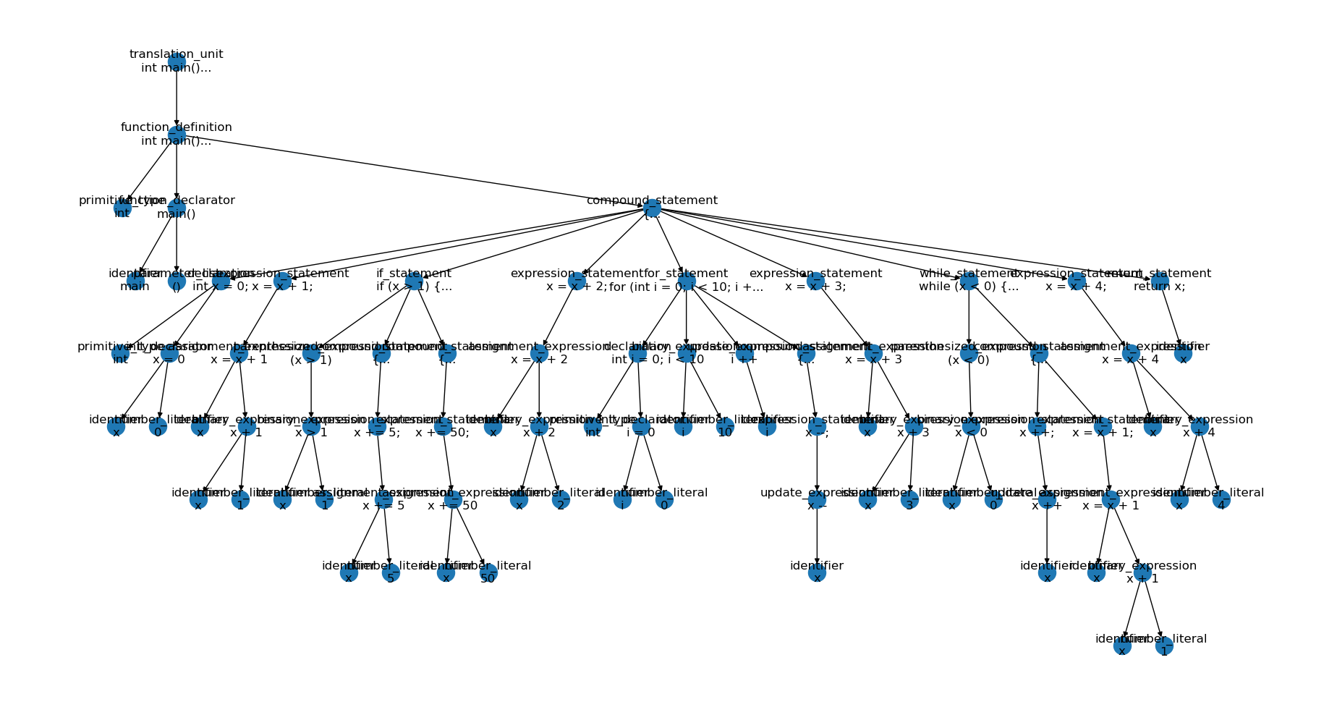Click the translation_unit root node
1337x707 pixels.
point(177,62)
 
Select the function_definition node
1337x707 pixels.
point(177,135)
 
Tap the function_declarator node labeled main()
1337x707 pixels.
point(177,208)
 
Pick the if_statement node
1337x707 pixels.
point(414,281)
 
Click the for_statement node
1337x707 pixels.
point(686,281)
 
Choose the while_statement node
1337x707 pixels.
point(968,281)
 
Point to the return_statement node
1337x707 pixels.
point(1160,281)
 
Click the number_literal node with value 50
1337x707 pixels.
point(488,573)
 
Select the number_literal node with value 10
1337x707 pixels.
point(725,427)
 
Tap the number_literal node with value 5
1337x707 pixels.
point(391,573)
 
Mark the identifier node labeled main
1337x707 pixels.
point(135,281)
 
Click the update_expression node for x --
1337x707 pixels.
point(817,500)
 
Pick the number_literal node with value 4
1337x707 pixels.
point(1221,500)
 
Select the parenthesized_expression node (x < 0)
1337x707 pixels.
point(968,354)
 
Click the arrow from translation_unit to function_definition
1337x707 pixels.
point(177,98)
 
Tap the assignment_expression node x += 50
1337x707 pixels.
point(452,500)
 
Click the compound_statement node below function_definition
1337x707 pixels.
point(652,208)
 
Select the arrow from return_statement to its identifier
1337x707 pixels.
point(1171,317)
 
